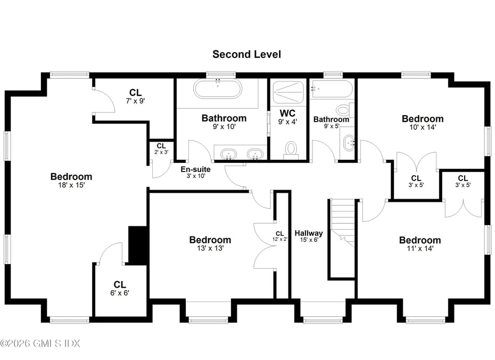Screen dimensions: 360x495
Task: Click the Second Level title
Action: pos(246,54)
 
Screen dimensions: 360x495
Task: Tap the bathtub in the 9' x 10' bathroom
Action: pos(217,88)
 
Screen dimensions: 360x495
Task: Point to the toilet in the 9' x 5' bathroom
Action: pos(344,111)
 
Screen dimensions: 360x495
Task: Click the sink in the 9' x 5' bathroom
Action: pos(348,143)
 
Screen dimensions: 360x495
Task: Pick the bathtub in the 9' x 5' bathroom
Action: pos(332,88)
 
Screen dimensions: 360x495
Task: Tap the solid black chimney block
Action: pos(138,245)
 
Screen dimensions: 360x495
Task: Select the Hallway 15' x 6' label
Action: pos(309,236)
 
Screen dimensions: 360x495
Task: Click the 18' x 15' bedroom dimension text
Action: pos(71,185)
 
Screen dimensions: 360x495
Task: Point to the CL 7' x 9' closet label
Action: pos(135,96)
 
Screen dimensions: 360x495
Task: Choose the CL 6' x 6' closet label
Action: pos(120,289)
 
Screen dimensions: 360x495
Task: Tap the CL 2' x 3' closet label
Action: pos(161,149)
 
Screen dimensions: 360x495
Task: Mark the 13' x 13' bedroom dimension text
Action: pos(210,248)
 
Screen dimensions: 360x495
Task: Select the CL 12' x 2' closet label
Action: pos(280,236)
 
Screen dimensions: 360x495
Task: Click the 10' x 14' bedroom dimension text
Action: pos(422,128)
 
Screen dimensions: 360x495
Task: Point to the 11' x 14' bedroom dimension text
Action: pos(420,249)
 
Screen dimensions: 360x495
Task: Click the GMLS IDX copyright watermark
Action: pos(40,343)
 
